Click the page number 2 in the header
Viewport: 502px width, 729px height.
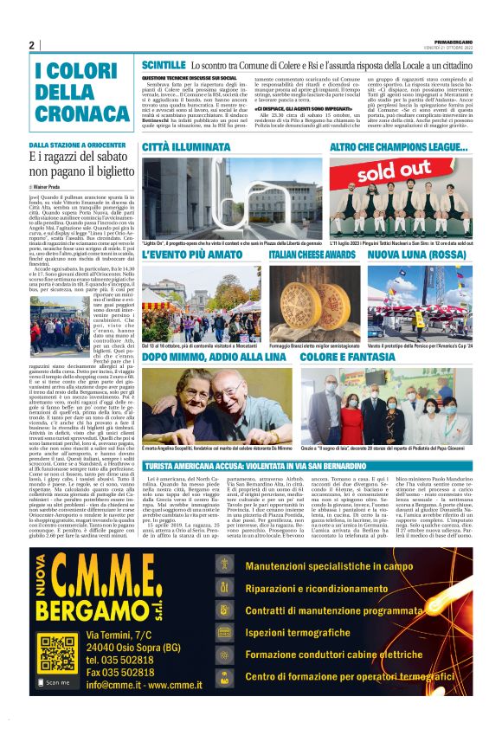pos(31,45)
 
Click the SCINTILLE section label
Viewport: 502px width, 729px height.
pos(164,65)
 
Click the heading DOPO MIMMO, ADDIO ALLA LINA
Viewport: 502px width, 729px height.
pos(216,357)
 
